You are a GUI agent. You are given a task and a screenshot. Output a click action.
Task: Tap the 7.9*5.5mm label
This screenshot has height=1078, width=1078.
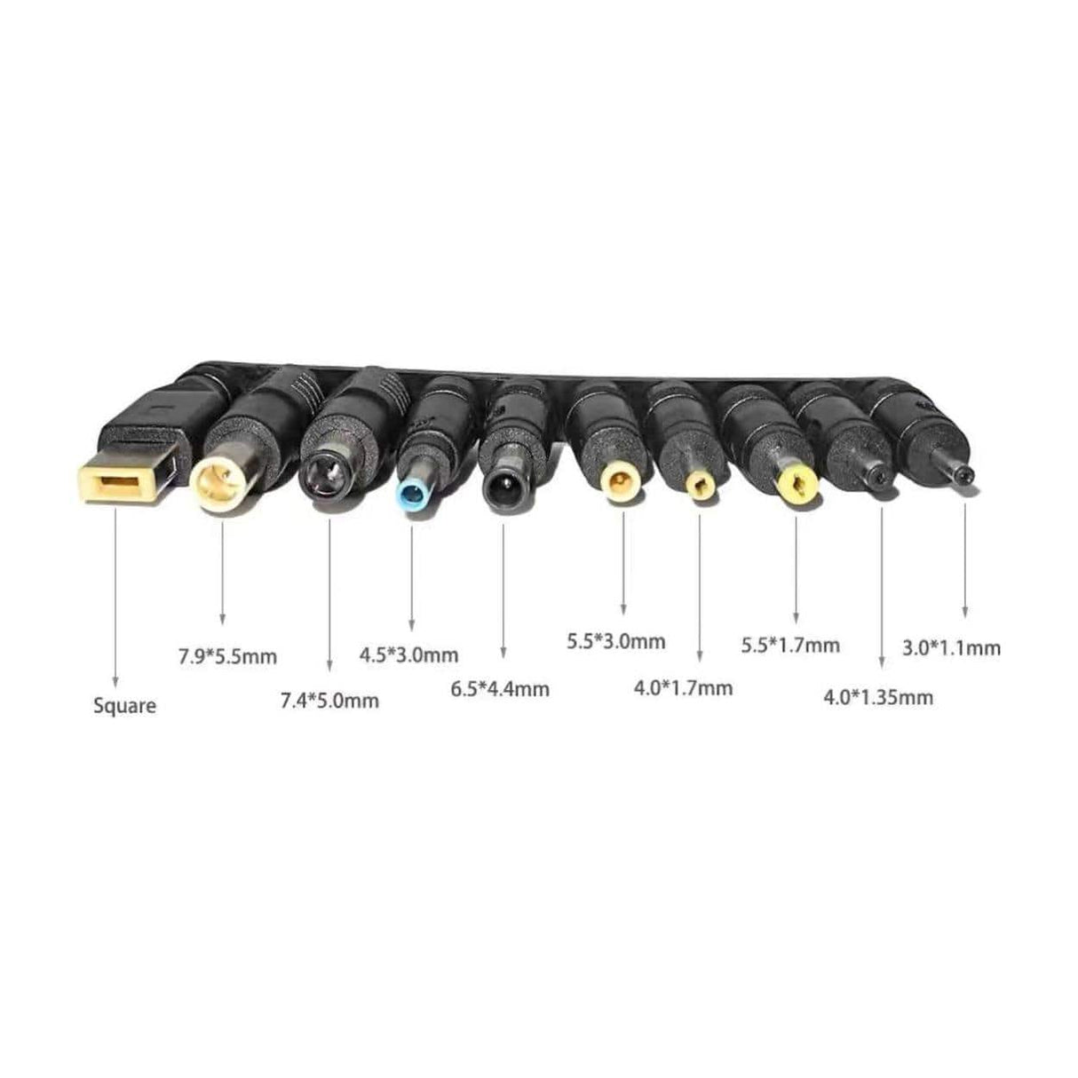(x=227, y=657)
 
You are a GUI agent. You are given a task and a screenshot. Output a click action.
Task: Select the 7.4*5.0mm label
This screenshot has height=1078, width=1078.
(x=329, y=701)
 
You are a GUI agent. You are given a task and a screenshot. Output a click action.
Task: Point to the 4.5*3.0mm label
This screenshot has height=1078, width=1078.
(x=408, y=655)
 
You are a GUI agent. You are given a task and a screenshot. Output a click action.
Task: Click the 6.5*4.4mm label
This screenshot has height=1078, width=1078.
(x=500, y=689)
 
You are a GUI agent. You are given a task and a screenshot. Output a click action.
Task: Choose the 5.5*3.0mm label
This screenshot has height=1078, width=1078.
(x=616, y=642)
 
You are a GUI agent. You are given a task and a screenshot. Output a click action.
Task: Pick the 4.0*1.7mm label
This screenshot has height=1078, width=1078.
(x=683, y=688)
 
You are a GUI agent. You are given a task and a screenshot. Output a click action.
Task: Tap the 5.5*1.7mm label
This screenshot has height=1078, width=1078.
(x=790, y=646)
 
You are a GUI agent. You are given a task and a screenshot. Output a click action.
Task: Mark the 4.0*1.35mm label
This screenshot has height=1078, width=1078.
(x=878, y=698)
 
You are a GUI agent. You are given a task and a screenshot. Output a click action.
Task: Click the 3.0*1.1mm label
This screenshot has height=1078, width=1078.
(x=952, y=648)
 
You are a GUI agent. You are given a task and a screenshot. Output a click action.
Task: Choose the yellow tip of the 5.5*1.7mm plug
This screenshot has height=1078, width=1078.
(x=797, y=486)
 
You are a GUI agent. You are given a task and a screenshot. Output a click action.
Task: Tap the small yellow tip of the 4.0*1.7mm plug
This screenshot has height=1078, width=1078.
(x=700, y=483)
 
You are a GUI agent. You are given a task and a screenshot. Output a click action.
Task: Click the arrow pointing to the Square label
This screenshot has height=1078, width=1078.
(x=115, y=598)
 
